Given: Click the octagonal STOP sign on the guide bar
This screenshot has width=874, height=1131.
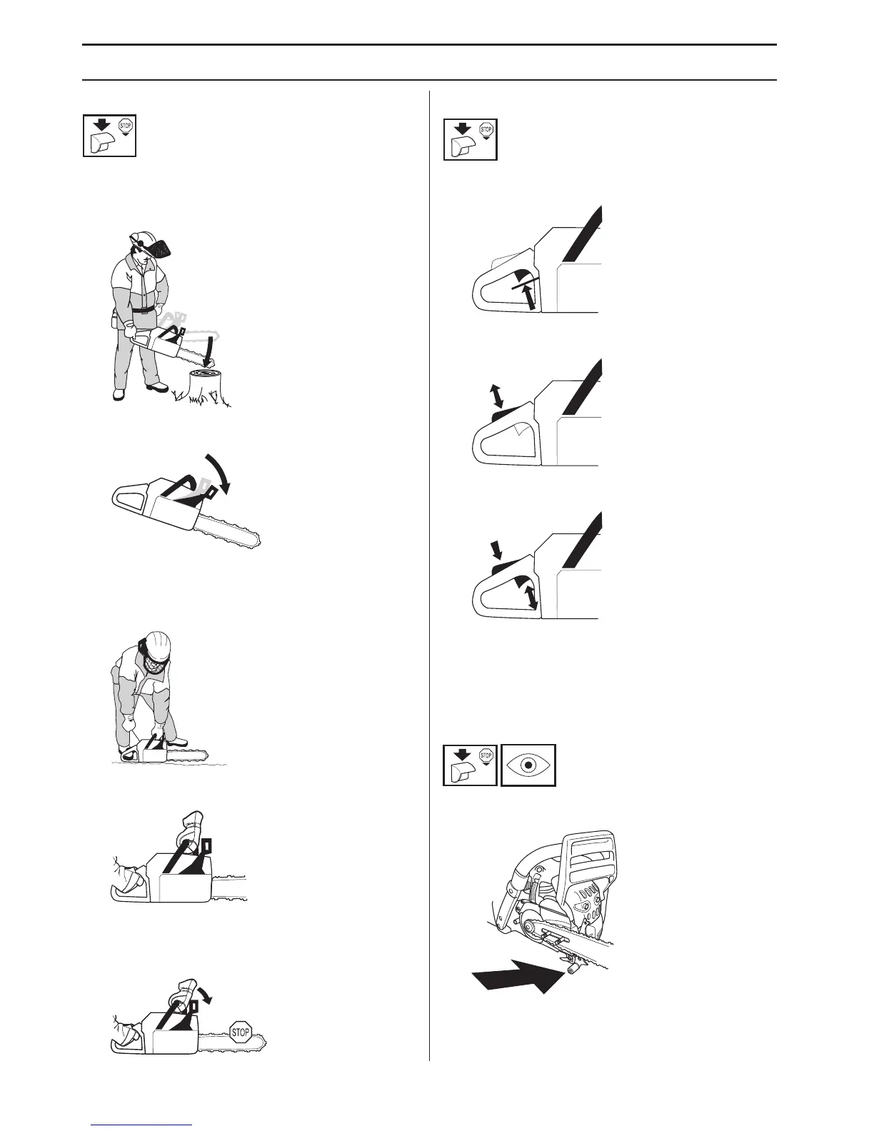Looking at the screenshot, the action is pos(241,1031).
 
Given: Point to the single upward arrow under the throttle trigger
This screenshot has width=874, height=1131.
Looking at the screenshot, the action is pos(528,296).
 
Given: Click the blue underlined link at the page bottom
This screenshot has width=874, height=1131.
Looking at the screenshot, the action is pos(143,1126).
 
